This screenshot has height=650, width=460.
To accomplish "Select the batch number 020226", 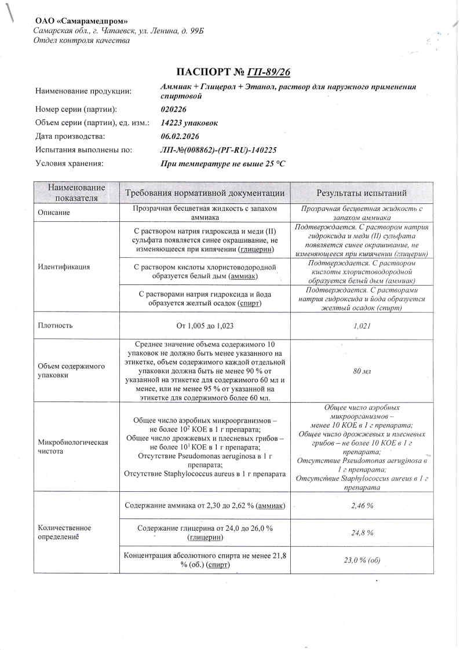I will [x=174, y=109].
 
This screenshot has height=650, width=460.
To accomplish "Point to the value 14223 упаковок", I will [x=189, y=123].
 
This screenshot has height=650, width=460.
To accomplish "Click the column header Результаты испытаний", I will [x=361, y=193].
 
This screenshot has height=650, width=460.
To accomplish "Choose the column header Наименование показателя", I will [x=76, y=193].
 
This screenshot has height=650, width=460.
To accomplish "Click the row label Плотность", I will [x=55, y=326].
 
